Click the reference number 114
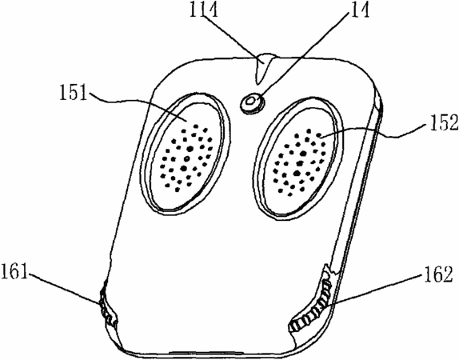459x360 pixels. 204,10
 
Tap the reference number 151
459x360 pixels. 74,92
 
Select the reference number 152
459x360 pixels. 444,122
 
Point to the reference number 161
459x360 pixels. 14,271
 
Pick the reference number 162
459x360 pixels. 438,274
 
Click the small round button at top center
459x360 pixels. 251,103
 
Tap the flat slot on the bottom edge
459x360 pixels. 206,352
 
